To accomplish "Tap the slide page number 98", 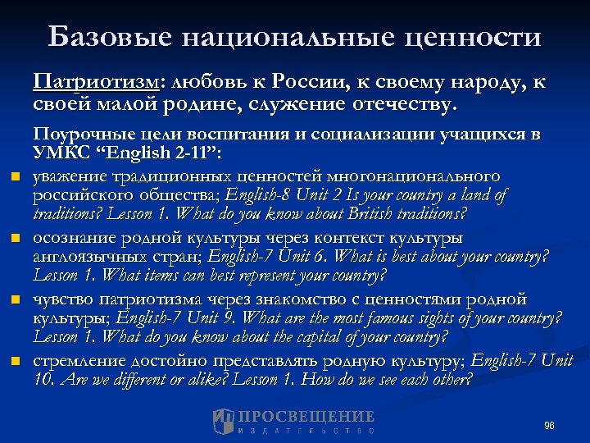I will point(548,426).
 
